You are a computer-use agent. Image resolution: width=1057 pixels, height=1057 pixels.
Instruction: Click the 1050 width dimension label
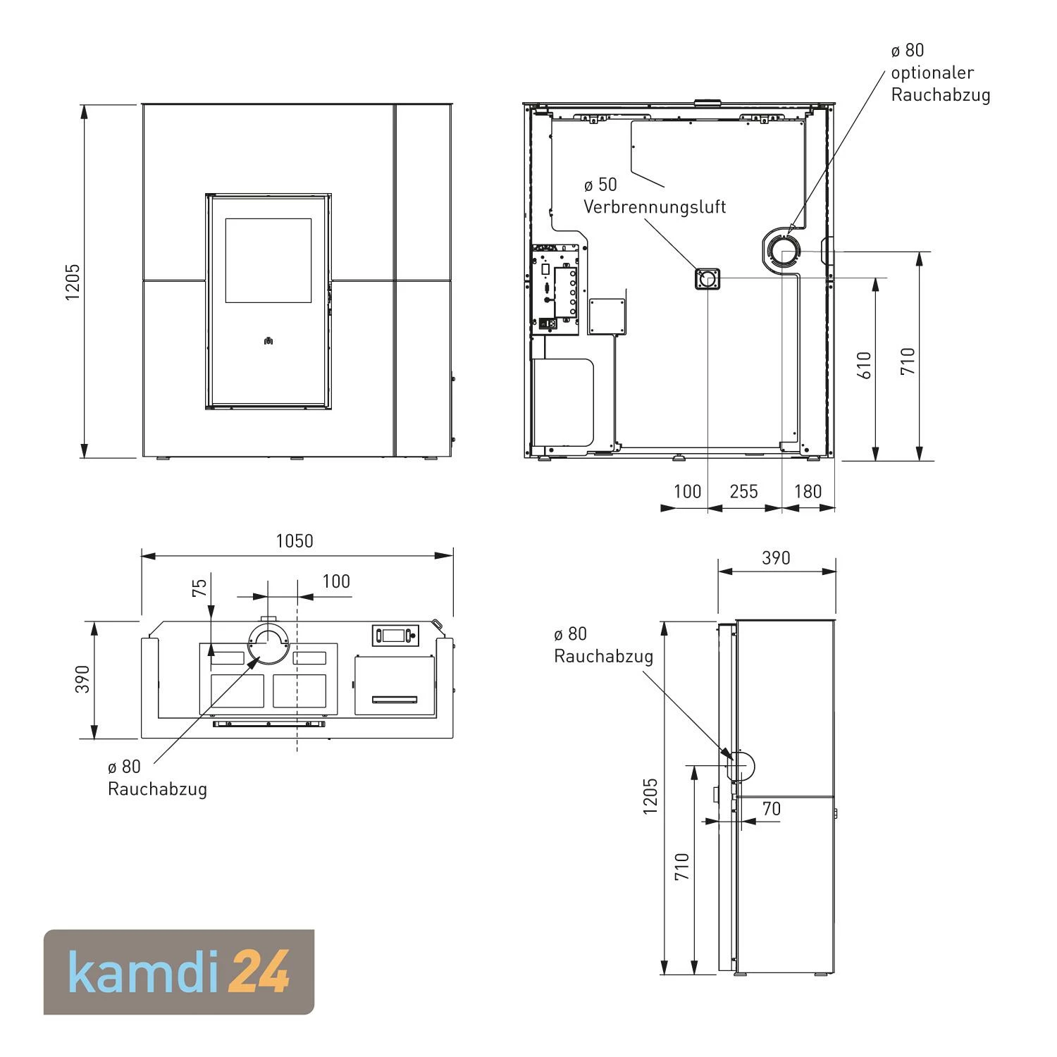[x=295, y=541]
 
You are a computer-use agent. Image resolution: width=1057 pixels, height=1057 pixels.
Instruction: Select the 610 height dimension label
[x=865, y=365]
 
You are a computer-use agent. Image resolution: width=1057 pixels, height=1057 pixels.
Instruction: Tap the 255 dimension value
[x=743, y=491]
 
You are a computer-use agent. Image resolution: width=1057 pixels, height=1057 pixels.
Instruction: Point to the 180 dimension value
[x=808, y=491]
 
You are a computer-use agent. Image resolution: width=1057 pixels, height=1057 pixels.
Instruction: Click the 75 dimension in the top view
[x=200, y=588]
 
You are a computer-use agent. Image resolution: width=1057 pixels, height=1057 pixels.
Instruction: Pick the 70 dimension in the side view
[x=772, y=808]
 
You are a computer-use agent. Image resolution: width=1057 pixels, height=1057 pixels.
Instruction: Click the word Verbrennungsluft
[x=654, y=207]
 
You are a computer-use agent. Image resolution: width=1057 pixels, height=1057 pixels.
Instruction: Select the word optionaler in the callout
[x=932, y=73]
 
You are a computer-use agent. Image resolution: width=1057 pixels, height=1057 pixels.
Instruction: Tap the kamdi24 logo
[x=179, y=972]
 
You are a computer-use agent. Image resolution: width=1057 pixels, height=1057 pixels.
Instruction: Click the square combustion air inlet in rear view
[x=708, y=280]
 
